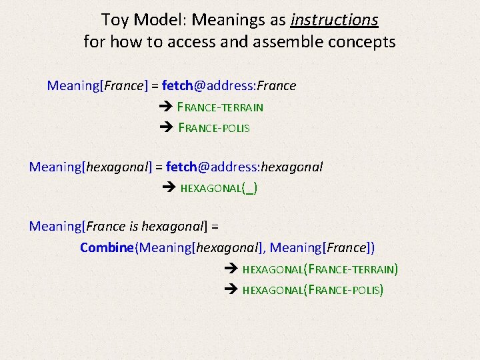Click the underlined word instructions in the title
pyautogui.click(x=335, y=20)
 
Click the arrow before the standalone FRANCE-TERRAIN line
pyautogui.click(x=167, y=107)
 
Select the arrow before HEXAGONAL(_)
pyautogui.click(x=169, y=188)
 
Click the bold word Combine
pyautogui.click(x=107, y=248)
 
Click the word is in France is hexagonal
pyautogui.click(x=132, y=227)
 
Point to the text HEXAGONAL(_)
pyautogui.click(x=219, y=188)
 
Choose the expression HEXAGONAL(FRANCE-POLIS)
pyautogui.click(x=313, y=290)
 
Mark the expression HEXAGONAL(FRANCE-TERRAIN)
pyautogui.click(x=320, y=269)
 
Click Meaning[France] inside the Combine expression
pyautogui.click(x=322, y=248)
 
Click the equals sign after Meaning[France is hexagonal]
pyautogui.click(x=215, y=227)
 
